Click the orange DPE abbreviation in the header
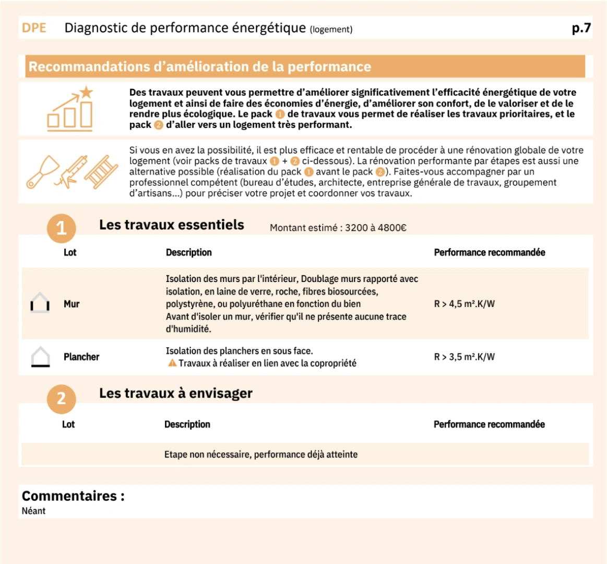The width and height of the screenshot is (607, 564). pos(34,28)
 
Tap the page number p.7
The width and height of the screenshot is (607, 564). pos(581,28)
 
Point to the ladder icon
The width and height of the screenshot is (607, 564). pos(101,171)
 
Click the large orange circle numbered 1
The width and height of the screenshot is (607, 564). pos(62,228)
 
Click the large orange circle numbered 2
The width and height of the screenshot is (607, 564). pos(62,398)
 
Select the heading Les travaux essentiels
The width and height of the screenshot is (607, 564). pos(172,225)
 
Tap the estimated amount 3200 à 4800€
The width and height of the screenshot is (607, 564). pos(375,228)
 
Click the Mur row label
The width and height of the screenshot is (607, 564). pos(72,304)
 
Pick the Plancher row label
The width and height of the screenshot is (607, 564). pos(81,357)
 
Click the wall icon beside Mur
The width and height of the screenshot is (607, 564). pos(40,303)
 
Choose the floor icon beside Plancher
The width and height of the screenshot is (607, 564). pos(41,357)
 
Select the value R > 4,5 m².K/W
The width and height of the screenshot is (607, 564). pos(464,304)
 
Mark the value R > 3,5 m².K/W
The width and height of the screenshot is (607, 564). pos(464,357)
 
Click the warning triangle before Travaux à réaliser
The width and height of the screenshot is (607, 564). pos(172,363)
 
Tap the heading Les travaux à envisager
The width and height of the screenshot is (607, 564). pos(176,393)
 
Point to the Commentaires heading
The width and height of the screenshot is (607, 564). pos(73,496)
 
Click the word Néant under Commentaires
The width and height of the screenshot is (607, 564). pos(33,511)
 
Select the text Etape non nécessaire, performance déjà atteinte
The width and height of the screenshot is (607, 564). pos(261,454)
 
